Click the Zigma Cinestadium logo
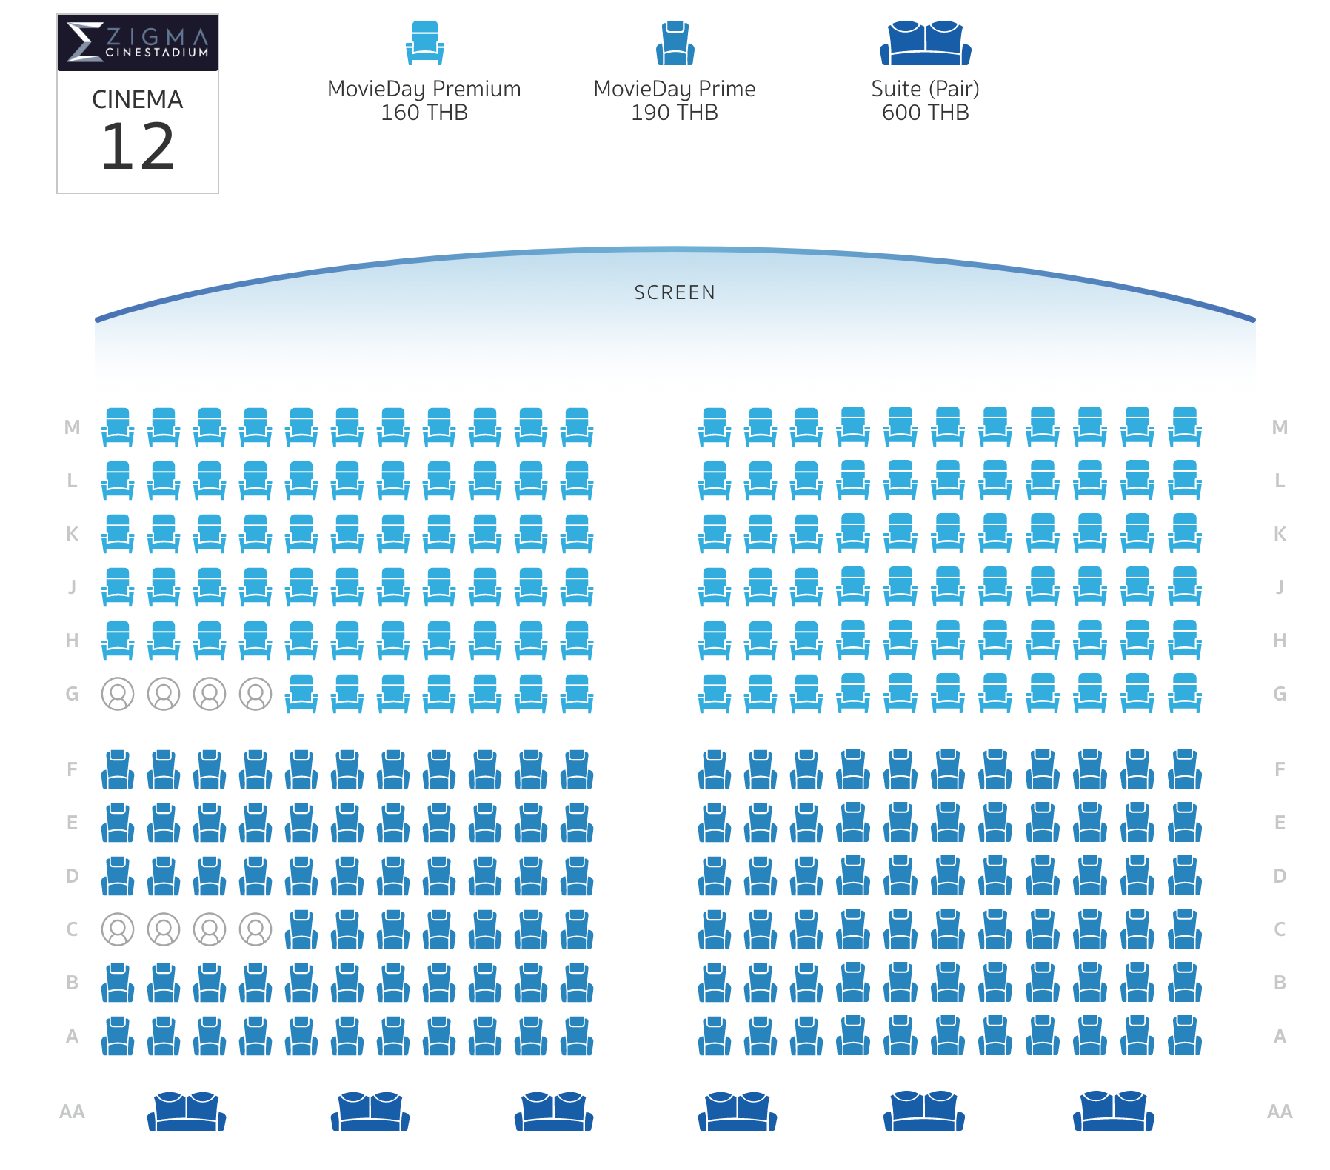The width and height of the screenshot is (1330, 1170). pyautogui.click(x=138, y=42)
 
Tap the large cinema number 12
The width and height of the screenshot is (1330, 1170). pyautogui.click(x=138, y=146)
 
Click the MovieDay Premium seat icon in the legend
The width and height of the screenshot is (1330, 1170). pyautogui.click(x=424, y=43)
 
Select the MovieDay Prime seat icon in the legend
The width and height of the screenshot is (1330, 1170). pyautogui.click(x=675, y=43)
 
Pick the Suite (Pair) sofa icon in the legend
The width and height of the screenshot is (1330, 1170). pyautogui.click(x=926, y=43)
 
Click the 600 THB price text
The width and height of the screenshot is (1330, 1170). pyautogui.click(x=926, y=113)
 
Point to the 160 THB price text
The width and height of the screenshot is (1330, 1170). pyautogui.click(x=424, y=113)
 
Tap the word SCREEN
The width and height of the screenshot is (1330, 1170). pyautogui.click(x=675, y=292)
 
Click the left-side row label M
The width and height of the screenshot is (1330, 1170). pyautogui.click(x=72, y=427)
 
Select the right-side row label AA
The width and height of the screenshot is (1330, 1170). pyautogui.click(x=1280, y=1111)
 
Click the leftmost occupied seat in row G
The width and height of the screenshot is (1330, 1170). pyautogui.click(x=118, y=694)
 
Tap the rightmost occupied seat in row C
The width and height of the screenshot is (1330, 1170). pyautogui.click(x=255, y=929)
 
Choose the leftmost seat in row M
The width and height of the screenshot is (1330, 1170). pyautogui.click(x=118, y=427)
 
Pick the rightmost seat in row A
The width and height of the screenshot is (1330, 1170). pyautogui.click(x=1185, y=1035)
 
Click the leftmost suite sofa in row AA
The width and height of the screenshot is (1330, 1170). pyautogui.click(x=187, y=1111)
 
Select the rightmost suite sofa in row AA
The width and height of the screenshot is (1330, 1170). pyautogui.click(x=1114, y=1111)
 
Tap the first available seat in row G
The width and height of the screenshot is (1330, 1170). pyautogui.click(x=301, y=694)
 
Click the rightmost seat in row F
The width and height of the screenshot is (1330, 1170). pyautogui.click(x=1185, y=769)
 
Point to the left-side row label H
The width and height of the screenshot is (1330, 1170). pyautogui.click(x=72, y=641)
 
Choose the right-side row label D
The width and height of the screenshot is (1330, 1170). pyautogui.click(x=1280, y=876)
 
